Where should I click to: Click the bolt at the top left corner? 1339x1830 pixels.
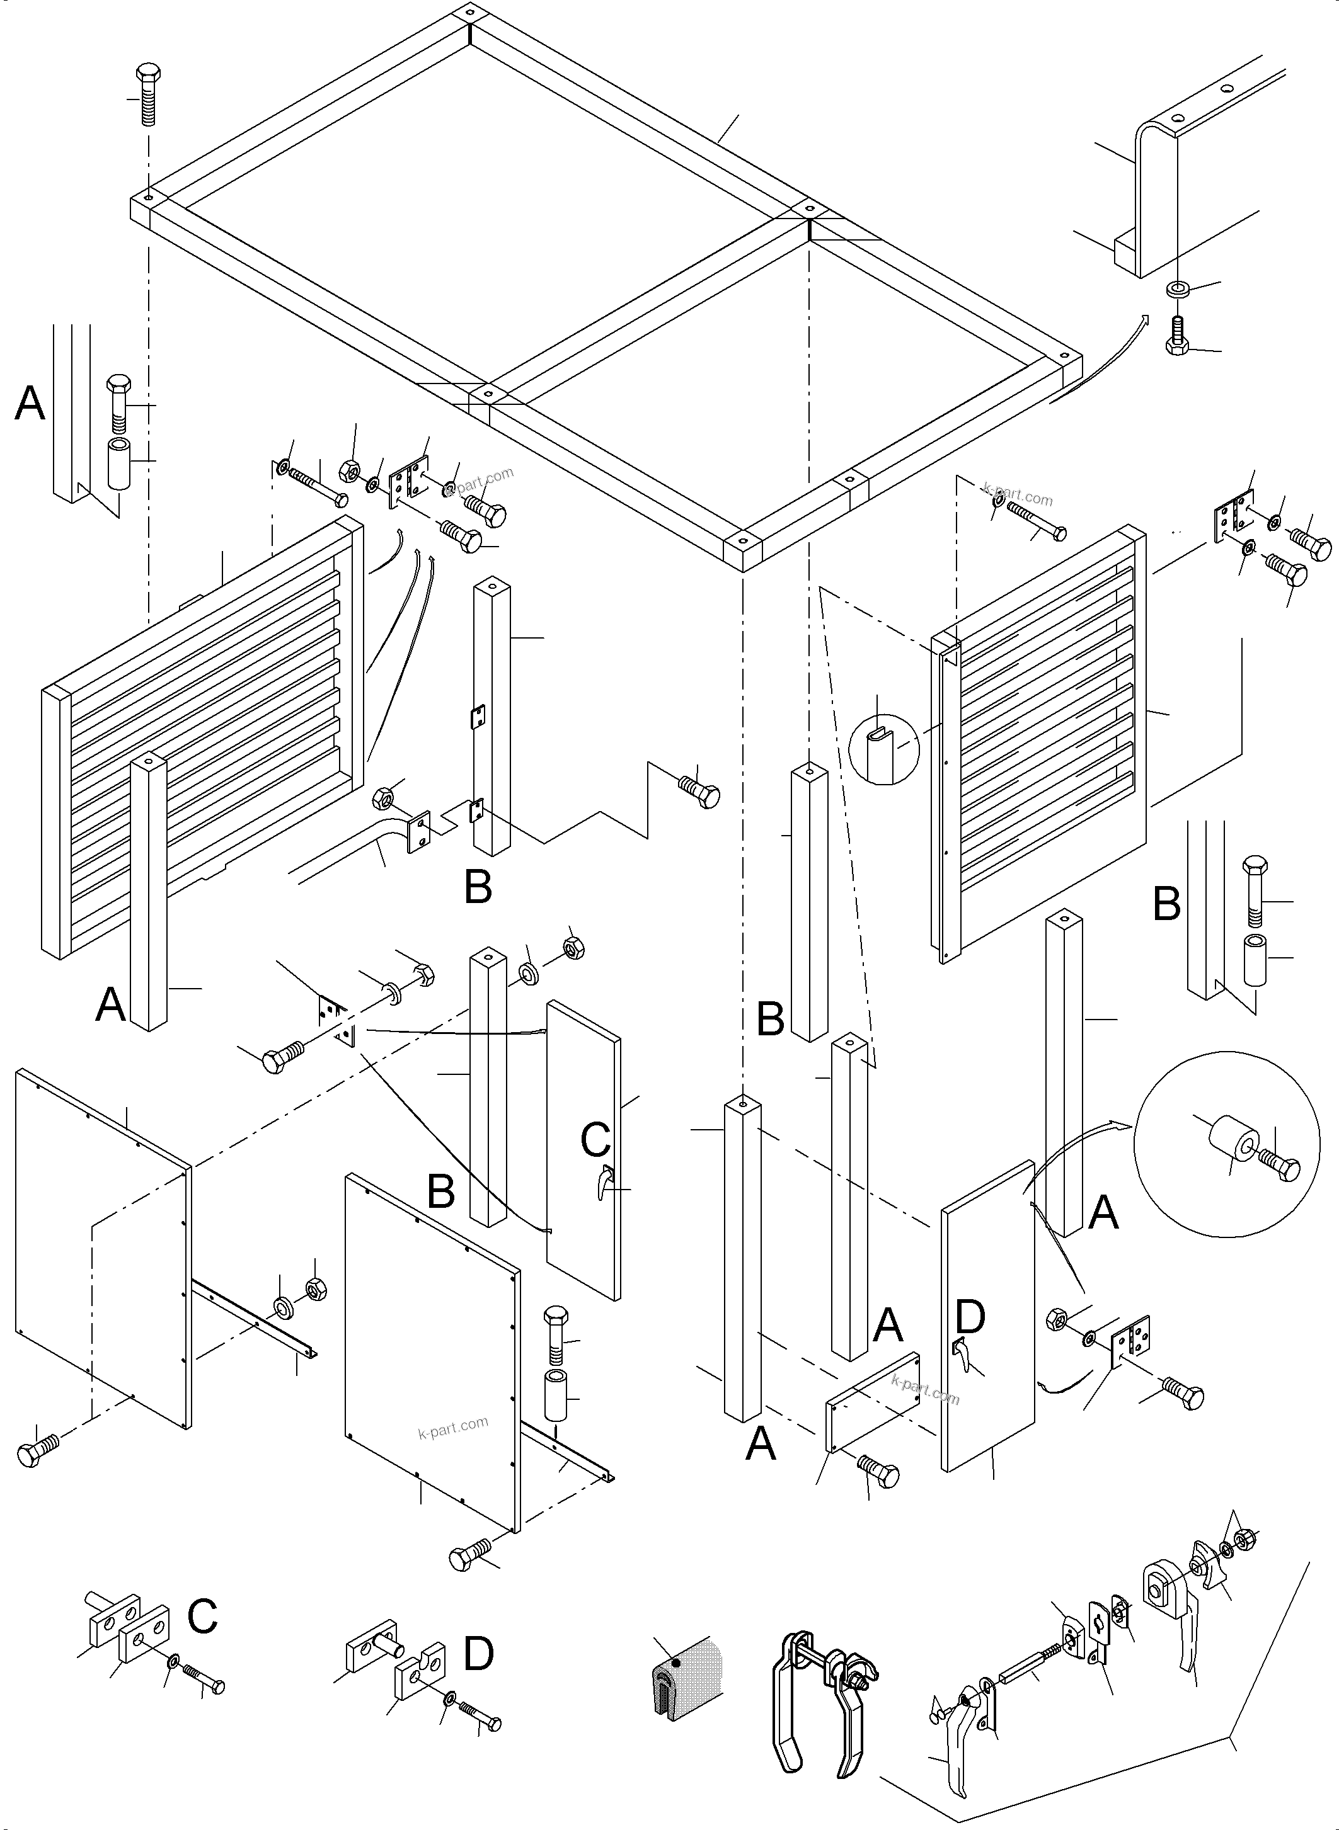[x=147, y=93]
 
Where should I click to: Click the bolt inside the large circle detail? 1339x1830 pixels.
[x=1279, y=1166]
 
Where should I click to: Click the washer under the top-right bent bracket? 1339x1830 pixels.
[x=1176, y=288]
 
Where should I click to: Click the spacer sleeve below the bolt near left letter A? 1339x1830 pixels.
[x=119, y=465]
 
